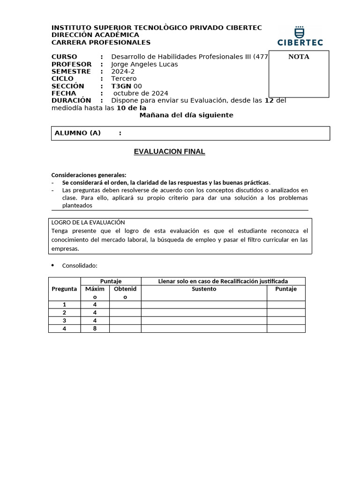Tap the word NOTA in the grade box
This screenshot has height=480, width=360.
[299, 57]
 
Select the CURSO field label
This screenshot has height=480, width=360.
[64, 57]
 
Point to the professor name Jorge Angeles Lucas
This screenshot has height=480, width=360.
[144, 64]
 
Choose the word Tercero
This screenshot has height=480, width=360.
[124, 79]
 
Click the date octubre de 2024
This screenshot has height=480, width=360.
[141, 93]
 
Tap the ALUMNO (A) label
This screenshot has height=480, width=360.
[78, 133]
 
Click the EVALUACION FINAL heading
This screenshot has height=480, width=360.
[169, 152]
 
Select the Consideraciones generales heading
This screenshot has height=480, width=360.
[89, 175]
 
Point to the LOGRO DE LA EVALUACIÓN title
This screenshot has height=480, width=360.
[88, 222]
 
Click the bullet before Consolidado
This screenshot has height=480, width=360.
[52, 265]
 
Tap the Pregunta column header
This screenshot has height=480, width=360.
[64, 289]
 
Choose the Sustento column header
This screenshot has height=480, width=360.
[204, 289]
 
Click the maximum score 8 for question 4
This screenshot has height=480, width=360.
[95, 329]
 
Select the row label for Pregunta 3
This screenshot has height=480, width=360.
[64, 321]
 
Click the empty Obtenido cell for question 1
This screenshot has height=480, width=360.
[125, 305]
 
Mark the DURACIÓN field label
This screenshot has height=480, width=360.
[71, 100]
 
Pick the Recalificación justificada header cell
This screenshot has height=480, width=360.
[223, 281]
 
